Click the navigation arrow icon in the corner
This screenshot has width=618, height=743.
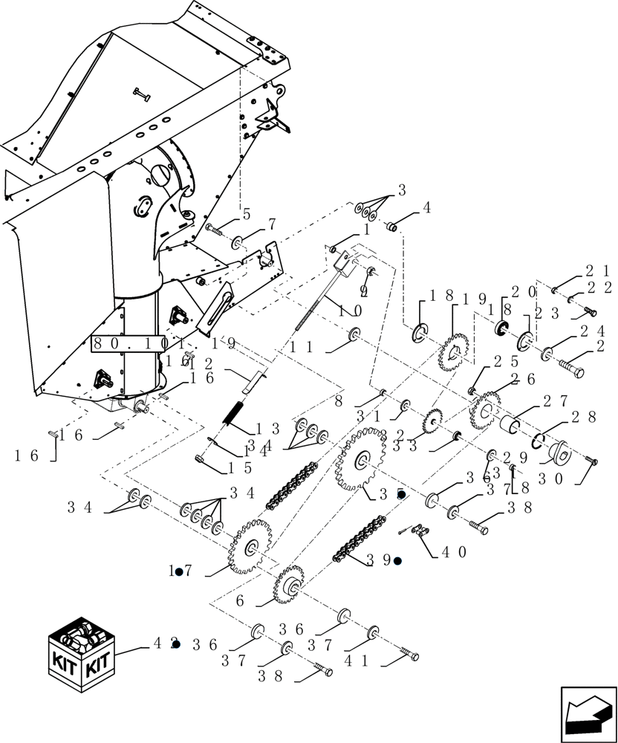(588, 713)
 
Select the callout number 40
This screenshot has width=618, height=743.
(453, 552)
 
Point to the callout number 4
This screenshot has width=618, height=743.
(426, 209)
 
